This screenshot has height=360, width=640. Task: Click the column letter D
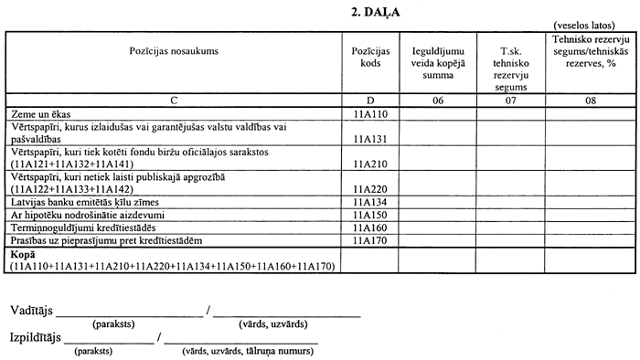pos(369,100)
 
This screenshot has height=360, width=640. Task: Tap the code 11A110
pos(369,112)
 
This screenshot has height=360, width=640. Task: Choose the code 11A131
pos(369,138)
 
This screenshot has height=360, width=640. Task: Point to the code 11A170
pos(369,239)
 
